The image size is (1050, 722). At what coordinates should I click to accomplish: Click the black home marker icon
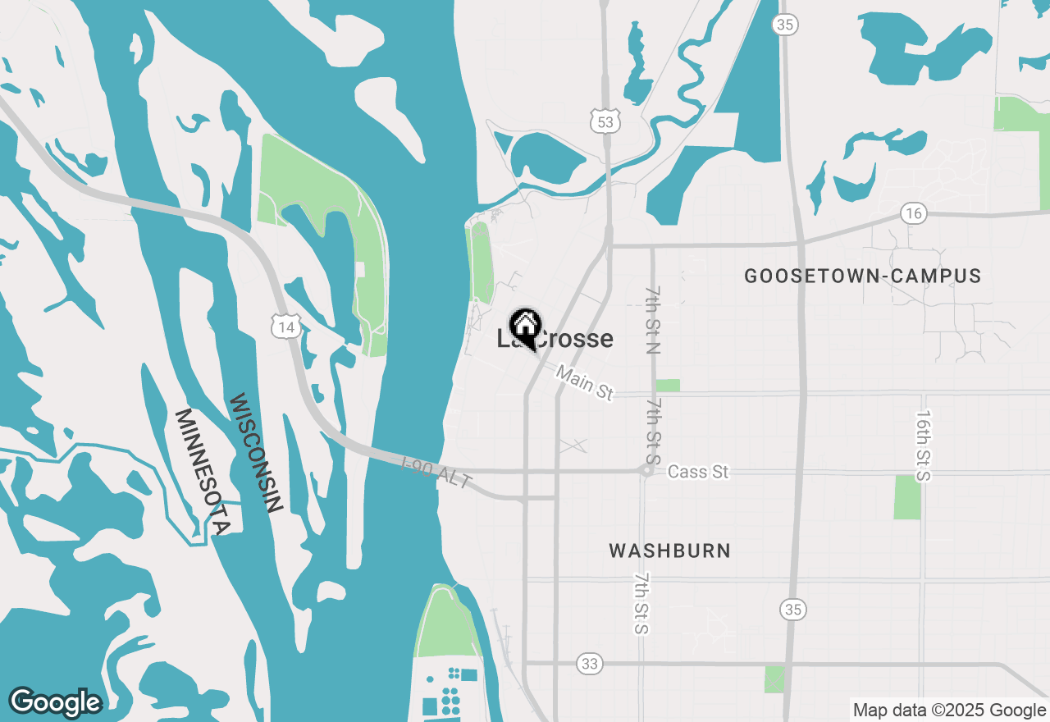(525, 327)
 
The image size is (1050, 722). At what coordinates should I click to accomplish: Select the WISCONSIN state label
(255, 454)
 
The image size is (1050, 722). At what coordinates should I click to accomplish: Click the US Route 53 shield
(605, 121)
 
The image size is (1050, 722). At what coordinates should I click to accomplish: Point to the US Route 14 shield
(285, 327)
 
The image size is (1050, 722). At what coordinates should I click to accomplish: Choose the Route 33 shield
(589, 664)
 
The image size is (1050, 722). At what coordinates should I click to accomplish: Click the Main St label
(584, 383)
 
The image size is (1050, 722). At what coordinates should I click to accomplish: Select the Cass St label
(698, 472)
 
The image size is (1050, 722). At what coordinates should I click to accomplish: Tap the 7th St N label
(653, 320)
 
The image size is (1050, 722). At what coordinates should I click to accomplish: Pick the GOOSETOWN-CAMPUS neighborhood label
(862, 276)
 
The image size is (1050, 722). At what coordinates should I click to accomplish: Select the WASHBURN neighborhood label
(669, 551)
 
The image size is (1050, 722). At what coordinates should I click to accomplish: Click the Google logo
(55, 702)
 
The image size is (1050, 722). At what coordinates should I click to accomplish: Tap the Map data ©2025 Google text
(949, 711)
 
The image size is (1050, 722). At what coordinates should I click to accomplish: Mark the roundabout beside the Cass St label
(647, 471)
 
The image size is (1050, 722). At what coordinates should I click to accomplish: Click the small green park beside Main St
(668, 386)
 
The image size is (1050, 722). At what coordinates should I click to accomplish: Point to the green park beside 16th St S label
(906, 497)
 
